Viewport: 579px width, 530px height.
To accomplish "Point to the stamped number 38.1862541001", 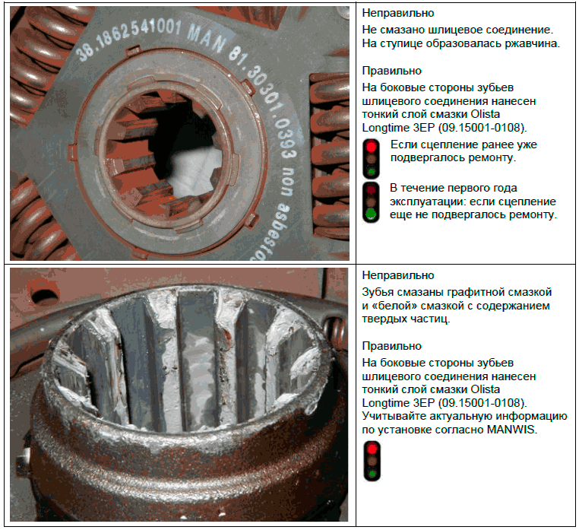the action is (128, 37).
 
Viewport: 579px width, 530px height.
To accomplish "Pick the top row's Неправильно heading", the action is (397, 13).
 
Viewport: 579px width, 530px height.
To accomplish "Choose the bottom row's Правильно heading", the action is (391, 346).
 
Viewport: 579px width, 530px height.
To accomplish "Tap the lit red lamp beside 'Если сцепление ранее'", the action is (371, 146).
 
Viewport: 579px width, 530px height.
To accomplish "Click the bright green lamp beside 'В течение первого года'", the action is (371, 214).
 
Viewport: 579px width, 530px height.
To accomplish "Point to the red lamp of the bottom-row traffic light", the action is (372, 449).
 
